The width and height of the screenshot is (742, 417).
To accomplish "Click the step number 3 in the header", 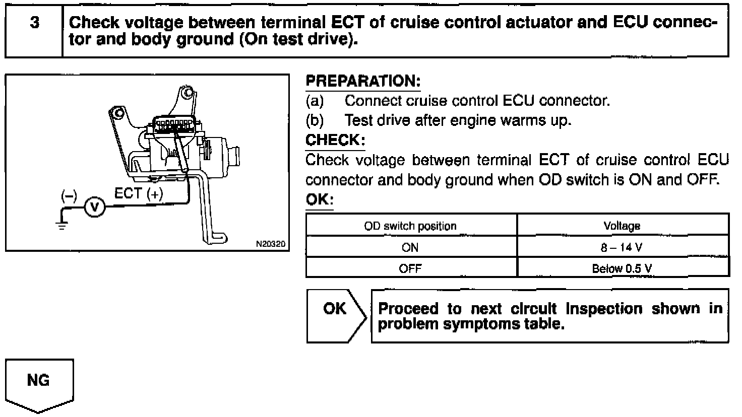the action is pos(34,23).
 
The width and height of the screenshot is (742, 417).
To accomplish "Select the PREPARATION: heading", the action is pos(363,81).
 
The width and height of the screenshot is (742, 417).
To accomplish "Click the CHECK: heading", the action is pos(335,140).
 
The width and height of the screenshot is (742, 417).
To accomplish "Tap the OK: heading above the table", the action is pos(320,200).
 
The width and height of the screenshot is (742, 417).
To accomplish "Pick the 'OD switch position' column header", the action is pos(410,226).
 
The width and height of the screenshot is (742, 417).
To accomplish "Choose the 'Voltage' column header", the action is pos(622,226).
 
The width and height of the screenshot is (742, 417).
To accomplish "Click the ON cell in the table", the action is pos(410,247).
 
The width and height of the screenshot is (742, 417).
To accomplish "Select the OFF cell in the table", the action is pos(410,268).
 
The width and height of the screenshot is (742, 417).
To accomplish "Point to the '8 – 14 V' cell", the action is pos(622,247).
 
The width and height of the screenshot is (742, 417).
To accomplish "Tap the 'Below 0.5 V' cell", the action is pos(622,268).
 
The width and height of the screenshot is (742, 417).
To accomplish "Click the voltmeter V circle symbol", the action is pos(94,207).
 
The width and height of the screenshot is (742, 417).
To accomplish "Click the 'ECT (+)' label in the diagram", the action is pos(139,194).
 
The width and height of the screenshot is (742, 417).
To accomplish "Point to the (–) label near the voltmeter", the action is pos(69,195).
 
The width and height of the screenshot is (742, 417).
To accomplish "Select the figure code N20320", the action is pos(271,244).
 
